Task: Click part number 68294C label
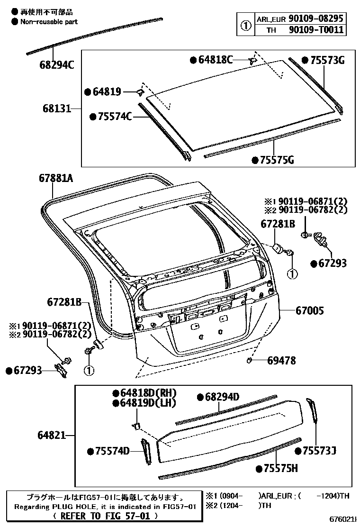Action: pos(56,64)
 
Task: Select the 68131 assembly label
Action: pos(54,109)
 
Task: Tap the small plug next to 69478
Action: pos(250,362)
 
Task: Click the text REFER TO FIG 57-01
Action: pos(101,516)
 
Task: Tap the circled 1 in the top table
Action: pos(245,25)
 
